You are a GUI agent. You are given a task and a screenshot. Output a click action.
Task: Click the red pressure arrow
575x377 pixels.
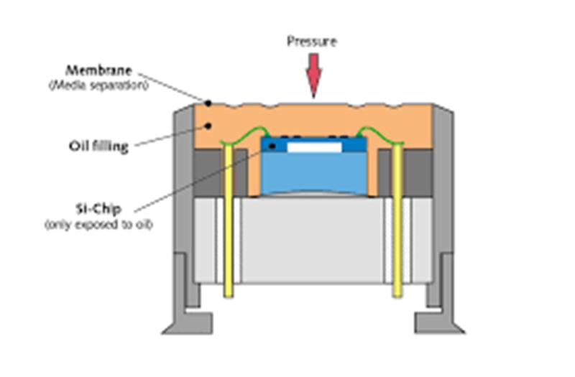coord(313,75)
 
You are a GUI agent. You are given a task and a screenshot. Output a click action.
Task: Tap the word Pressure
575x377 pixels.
coord(312,41)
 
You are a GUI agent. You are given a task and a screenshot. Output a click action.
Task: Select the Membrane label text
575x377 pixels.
coord(98,70)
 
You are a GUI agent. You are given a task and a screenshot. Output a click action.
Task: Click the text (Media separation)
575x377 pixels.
coord(99,85)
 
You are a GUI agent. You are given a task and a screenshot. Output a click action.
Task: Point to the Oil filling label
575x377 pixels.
coord(98,146)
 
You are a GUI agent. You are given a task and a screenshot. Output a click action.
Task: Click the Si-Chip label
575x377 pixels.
coord(98,209)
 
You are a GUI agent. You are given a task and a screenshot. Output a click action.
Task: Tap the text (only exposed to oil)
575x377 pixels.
coord(98,224)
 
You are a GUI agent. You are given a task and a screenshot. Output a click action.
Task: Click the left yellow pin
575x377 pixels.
coord(229,220)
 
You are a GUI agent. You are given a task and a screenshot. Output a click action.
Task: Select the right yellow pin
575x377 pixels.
coord(398,220)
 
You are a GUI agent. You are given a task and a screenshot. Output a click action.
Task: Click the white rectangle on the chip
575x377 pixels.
coord(315,147)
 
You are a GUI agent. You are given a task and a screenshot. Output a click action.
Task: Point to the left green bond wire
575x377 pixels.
coord(245,134)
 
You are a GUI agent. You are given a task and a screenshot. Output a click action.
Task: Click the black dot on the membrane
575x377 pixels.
coord(208,103)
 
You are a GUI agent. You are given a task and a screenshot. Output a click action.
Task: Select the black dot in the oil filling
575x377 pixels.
coord(208,126)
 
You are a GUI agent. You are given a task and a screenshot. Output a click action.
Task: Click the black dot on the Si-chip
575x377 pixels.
coord(272,146)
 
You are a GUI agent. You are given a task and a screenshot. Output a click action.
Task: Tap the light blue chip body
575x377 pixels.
coord(314,172)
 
